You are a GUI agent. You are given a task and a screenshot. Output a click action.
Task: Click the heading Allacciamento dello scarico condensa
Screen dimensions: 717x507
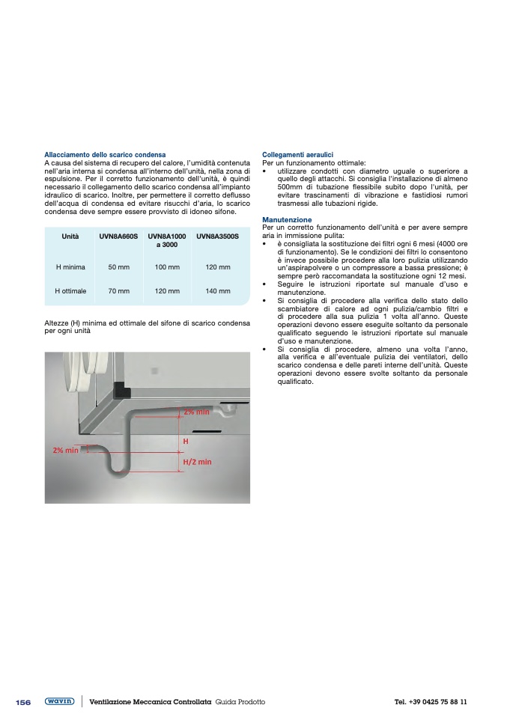point(105,154)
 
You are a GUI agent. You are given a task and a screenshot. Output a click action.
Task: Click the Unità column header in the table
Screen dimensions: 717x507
point(70,237)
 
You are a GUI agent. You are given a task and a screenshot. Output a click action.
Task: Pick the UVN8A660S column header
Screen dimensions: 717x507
point(119,237)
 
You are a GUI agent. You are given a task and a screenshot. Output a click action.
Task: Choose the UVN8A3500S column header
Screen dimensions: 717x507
point(217,237)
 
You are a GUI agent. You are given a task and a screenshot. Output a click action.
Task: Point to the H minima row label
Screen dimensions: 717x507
point(70,266)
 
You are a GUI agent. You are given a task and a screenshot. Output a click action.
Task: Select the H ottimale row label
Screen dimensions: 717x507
point(70,290)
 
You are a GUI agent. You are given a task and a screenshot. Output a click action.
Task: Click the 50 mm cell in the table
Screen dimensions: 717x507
point(119,266)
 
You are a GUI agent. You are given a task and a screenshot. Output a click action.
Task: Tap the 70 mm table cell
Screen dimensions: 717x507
point(119,290)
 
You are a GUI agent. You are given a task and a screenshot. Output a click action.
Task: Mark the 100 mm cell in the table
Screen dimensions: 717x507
point(167,266)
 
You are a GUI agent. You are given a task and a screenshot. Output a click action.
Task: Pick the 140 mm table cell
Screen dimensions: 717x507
point(217,290)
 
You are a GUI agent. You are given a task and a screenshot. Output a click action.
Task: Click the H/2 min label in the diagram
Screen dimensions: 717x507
point(198,462)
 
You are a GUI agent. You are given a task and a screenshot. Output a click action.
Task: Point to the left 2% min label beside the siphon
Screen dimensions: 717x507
point(65,450)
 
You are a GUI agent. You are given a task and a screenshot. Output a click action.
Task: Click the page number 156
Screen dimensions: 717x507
point(23,702)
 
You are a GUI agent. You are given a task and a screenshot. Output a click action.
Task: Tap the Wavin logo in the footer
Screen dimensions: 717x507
point(59,701)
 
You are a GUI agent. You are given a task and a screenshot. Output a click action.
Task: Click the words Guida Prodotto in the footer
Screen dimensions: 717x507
point(240,702)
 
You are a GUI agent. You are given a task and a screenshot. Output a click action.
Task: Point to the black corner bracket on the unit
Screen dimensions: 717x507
point(121,390)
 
